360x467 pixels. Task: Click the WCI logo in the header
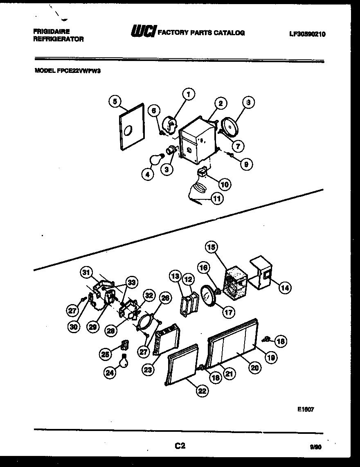pos(142,32)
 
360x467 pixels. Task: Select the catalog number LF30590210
pos(307,34)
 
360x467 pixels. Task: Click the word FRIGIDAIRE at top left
pos(52,32)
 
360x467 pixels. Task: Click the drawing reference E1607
pos(306,409)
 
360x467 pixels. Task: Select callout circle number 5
pos(115,101)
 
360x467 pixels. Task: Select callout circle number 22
pos(201,391)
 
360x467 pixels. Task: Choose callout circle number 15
pos(212,247)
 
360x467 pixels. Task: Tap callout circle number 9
pos(246,165)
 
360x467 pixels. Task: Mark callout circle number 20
pos(254,368)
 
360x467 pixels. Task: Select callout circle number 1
pos(189,95)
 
